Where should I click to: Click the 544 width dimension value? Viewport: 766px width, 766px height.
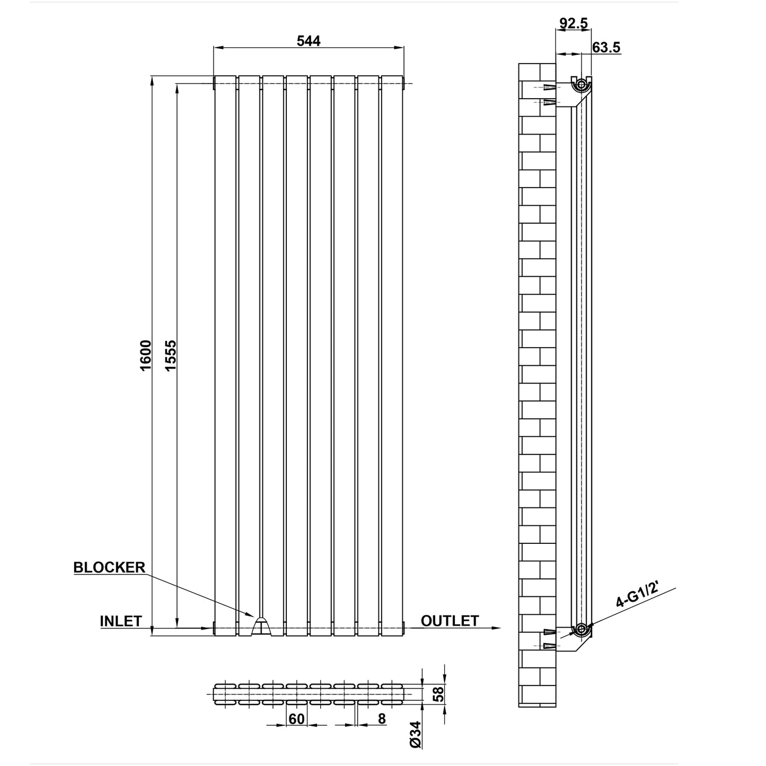point(309,41)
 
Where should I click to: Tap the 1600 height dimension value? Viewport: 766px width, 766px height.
point(146,355)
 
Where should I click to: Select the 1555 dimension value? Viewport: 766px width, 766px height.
point(170,355)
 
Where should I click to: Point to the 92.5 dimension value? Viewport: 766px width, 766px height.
point(573,23)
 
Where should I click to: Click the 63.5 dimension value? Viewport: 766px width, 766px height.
point(606,47)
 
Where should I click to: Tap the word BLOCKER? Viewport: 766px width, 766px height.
point(109,567)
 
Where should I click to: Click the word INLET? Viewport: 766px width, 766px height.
point(121,621)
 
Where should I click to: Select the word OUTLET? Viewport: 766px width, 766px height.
point(450,621)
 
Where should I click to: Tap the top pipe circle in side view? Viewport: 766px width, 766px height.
point(581,84)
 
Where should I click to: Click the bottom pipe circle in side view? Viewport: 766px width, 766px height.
point(581,629)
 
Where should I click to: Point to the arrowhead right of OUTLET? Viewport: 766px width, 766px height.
point(496,628)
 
